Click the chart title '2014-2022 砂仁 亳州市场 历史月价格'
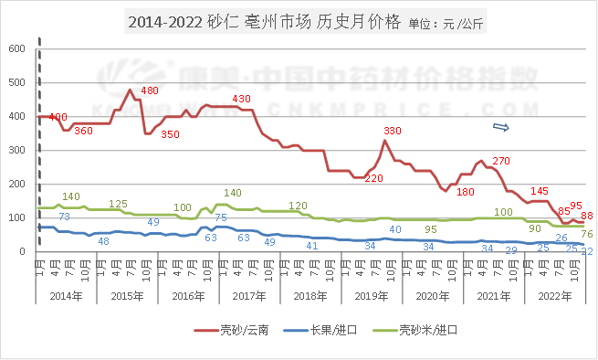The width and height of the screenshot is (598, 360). pyautogui.click(x=263, y=23)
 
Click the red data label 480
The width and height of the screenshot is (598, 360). pyautogui.click(x=150, y=90)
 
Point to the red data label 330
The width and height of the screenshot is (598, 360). pyautogui.click(x=393, y=132)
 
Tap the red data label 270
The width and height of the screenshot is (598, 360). pyautogui.click(x=500, y=162)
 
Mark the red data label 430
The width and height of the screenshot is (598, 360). pyautogui.click(x=241, y=98)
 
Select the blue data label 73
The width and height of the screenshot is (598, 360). pyautogui.click(x=65, y=217)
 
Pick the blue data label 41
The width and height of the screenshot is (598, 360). pyautogui.click(x=311, y=246)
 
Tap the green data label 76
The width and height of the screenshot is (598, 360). pyautogui.click(x=587, y=234)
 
